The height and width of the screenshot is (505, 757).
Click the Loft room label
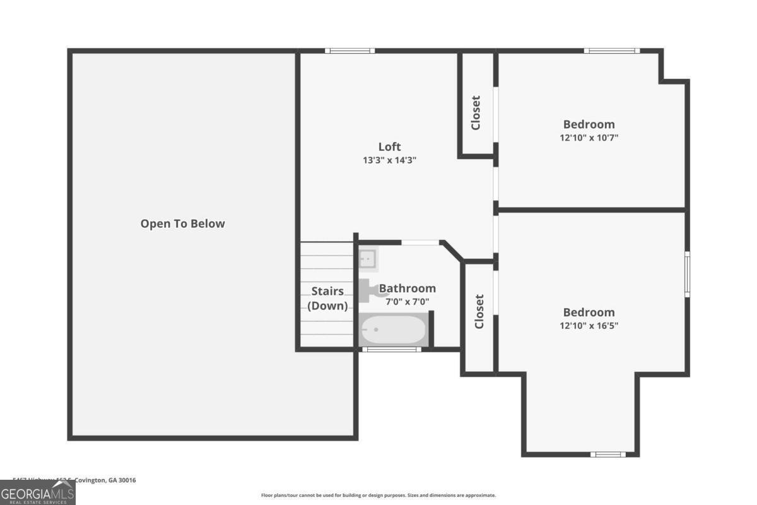(389, 147)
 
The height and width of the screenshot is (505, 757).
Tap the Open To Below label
(182, 223)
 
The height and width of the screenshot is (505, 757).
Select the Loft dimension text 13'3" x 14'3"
(389, 160)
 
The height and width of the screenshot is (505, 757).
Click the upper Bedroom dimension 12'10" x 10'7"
(589, 138)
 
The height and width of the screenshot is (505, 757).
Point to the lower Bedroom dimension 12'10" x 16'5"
(589, 326)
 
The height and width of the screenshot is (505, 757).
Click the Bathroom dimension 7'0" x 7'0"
(407, 302)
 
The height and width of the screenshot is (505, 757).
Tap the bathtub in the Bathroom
(393, 330)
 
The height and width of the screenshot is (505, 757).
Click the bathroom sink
(367, 258)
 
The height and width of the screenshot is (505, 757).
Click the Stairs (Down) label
(327, 299)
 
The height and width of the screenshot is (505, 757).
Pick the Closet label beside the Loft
(476, 112)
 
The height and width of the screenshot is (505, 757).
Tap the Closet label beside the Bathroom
(479, 311)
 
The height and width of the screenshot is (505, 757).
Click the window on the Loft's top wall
(349, 50)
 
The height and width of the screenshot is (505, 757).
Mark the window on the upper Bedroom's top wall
(611, 50)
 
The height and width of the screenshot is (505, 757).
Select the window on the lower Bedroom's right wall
(687, 273)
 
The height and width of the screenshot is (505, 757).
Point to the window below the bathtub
(392, 349)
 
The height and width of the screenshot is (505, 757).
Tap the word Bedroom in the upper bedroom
(589, 124)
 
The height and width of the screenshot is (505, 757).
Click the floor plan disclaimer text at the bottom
(378, 496)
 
